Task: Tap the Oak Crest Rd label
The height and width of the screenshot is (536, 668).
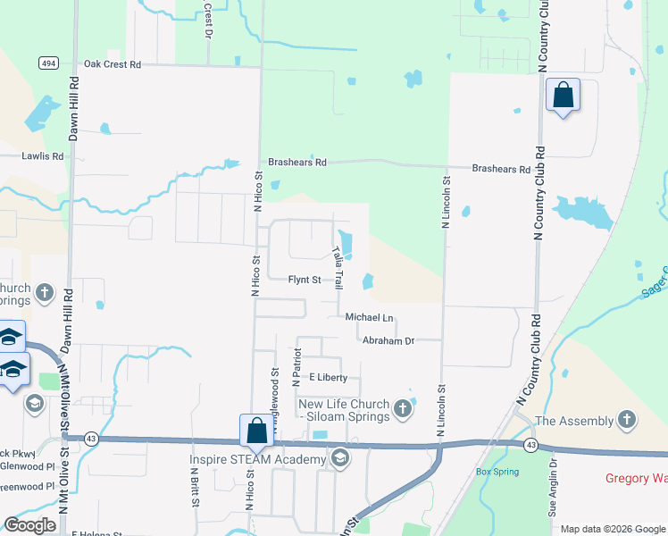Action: pos(113,64)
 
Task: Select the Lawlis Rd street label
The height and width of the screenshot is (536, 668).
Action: pos(43,155)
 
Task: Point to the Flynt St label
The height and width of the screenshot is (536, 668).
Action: pos(305,280)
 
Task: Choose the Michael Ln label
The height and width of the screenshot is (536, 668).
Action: pos(370,317)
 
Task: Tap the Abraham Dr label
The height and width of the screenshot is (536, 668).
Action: pos(389,340)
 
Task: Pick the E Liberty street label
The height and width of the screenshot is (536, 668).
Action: pos(328,378)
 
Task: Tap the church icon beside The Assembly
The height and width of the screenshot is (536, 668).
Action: pos(627,420)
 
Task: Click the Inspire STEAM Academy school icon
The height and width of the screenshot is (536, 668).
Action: pos(339,459)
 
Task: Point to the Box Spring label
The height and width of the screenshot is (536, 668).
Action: pos(497,471)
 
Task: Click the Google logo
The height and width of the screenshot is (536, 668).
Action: pos(31,525)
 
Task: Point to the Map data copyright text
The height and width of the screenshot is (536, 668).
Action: pos(612,529)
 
